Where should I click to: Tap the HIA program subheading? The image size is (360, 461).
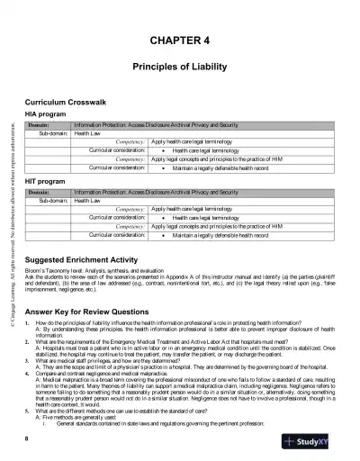48,114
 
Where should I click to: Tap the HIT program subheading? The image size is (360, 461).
48,181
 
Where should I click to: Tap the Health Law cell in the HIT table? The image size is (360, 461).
92,201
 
